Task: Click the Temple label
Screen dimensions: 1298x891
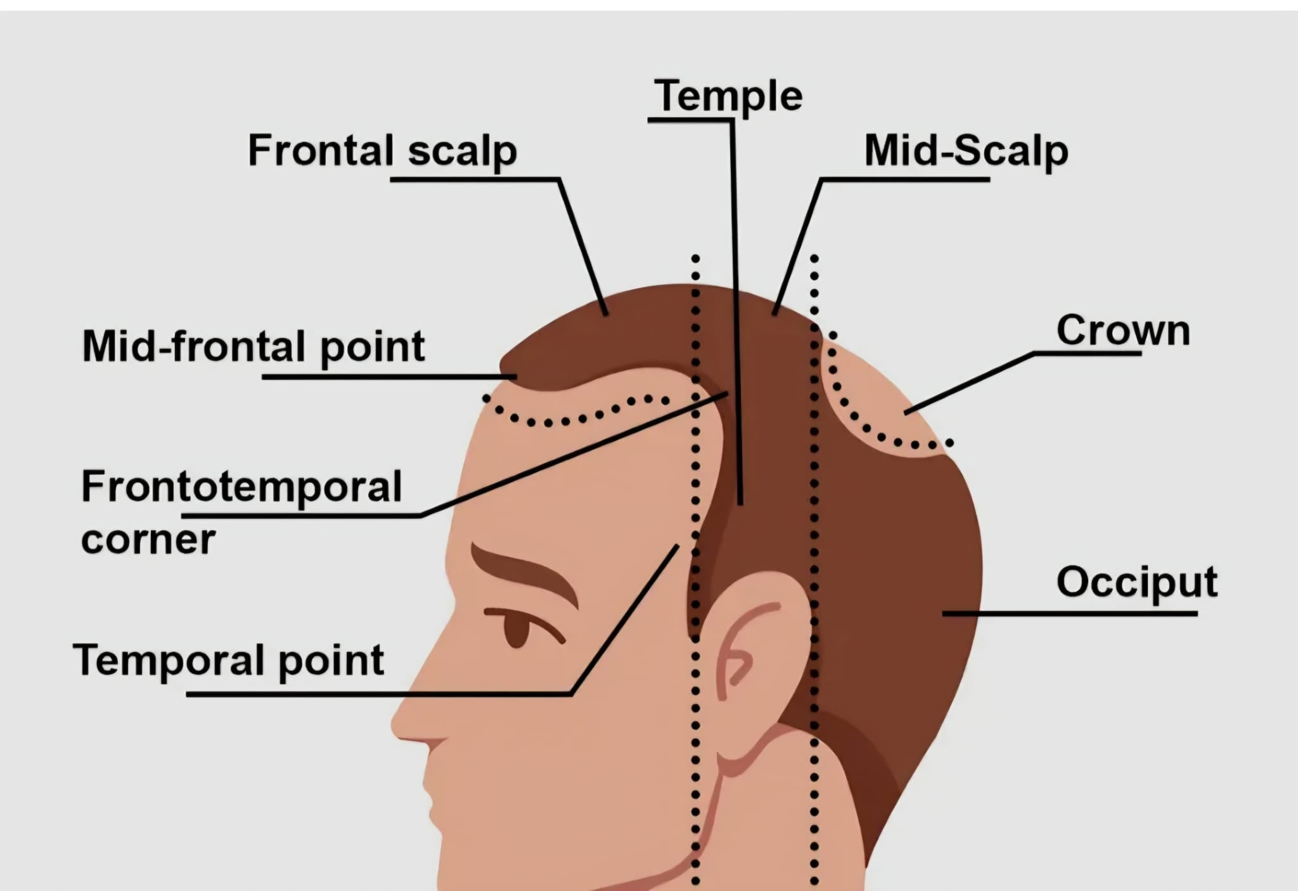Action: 728,96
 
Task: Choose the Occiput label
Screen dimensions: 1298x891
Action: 1137,582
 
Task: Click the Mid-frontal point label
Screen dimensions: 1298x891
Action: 254,347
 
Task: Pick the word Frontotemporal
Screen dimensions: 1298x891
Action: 241,486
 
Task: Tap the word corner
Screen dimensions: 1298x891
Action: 148,540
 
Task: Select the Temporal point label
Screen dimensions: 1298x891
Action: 229,661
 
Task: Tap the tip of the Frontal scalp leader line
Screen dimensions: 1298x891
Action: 607,314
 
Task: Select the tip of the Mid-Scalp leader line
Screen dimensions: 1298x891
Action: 774,313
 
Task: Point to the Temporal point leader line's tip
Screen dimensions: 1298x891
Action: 678,546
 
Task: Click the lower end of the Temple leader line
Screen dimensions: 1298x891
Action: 740,504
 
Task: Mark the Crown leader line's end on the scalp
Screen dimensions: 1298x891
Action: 906,413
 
